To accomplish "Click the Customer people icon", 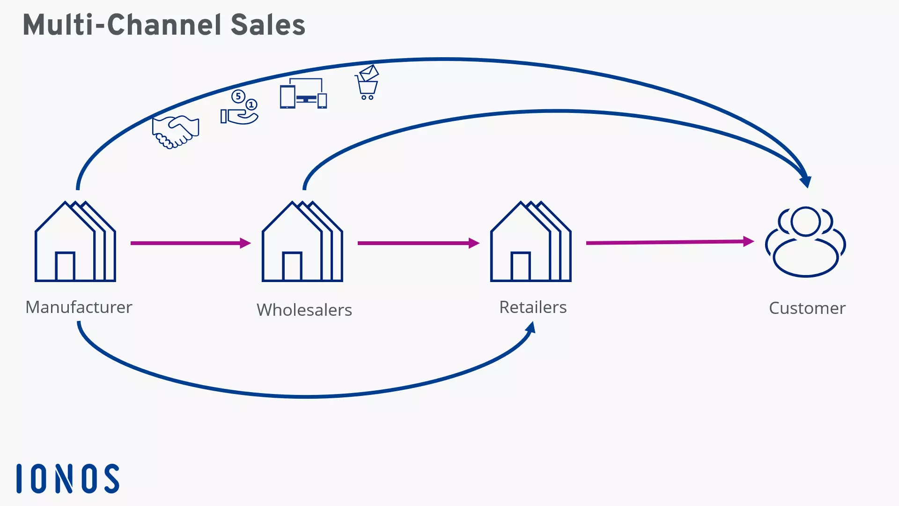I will click(x=805, y=242).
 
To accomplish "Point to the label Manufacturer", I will click(x=79, y=307).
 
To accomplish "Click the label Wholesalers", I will click(x=304, y=310).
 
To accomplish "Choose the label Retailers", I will click(x=533, y=307).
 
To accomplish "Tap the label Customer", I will click(x=807, y=308).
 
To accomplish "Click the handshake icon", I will click(x=176, y=132).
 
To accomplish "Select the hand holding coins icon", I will click(x=239, y=108).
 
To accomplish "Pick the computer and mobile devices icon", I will click(x=303, y=94).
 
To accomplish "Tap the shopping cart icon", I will click(x=367, y=83).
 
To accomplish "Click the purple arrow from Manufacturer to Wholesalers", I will click(x=190, y=243).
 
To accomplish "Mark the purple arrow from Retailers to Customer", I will click(x=670, y=242).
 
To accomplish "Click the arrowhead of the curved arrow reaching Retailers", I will click(x=531, y=327).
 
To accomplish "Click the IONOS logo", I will click(x=68, y=478).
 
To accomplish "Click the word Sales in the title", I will click(x=268, y=25).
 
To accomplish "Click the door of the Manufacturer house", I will click(x=65, y=266).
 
